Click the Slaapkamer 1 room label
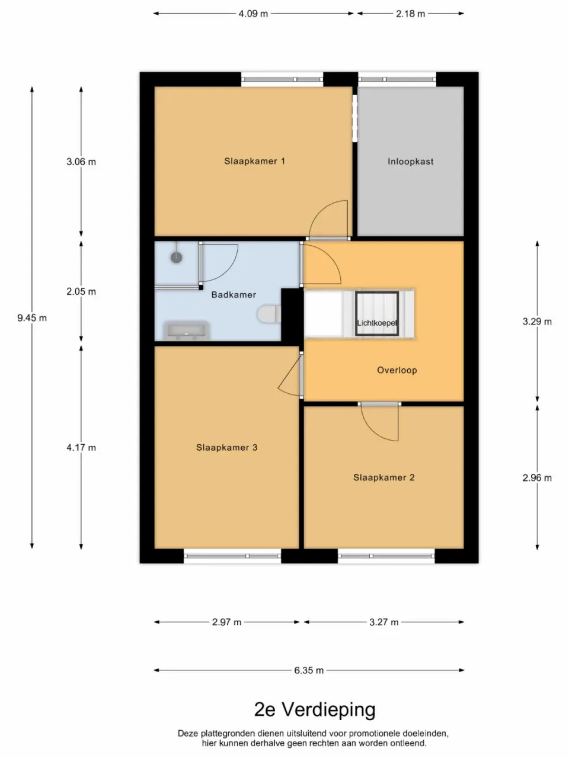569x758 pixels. [254, 161]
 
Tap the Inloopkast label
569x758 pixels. [410, 161]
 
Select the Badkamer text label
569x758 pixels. [234, 294]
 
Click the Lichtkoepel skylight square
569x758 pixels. [376, 313]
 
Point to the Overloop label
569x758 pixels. [397, 370]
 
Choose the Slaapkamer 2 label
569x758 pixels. [383, 477]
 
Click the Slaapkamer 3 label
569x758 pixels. [226, 448]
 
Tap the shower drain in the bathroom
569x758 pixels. [176, 258]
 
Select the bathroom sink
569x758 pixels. [186, 330]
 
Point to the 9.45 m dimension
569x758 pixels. [32, 318]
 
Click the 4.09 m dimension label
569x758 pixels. [253, 14]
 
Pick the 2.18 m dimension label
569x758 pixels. [410, 14]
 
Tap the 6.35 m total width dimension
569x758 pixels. [309, 670]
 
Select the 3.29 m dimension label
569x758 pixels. [537, 322]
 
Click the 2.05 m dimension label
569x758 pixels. [81, 291]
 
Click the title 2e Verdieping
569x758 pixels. [315, 709]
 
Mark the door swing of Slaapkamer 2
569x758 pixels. [379, 423]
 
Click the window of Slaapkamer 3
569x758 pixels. [232, 555]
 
